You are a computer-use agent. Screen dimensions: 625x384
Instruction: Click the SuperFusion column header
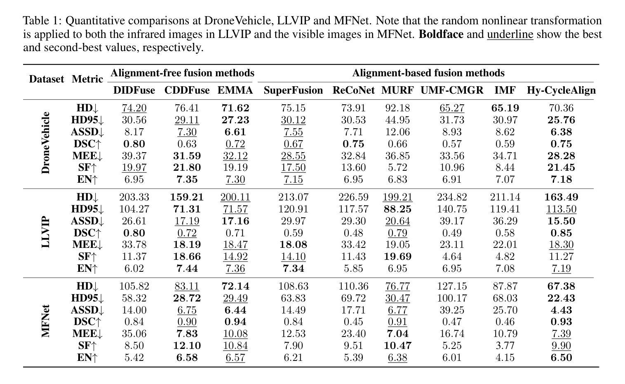[293, 90]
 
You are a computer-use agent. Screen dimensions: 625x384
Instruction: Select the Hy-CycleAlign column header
[561, 90]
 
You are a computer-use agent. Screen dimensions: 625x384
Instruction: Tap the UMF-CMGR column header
[452, 90]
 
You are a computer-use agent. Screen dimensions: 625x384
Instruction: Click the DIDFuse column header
[134, 90]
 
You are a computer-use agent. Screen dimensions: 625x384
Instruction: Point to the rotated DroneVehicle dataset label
[45, 143]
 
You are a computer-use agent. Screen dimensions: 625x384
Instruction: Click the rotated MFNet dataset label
[45, 321]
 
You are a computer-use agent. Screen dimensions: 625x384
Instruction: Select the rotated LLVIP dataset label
[45, 232]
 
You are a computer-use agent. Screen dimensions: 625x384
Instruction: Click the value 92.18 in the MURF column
[397, 108]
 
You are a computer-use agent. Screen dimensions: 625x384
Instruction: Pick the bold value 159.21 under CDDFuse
[187, 197]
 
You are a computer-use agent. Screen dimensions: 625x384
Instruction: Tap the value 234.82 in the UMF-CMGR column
[452, 197]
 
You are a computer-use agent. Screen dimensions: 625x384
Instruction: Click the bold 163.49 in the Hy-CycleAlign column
[561, 197]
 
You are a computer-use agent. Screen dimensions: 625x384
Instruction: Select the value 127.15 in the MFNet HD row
[452, 286]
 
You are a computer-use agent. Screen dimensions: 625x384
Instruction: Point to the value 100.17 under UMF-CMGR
[452, 298]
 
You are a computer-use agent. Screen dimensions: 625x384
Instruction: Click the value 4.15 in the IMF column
[505, 358]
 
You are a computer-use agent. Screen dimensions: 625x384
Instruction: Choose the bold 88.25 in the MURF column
[397, 209]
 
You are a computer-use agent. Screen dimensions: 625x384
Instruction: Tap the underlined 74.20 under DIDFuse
[134, 108]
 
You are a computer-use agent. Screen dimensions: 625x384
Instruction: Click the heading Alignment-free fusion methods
[183, 73]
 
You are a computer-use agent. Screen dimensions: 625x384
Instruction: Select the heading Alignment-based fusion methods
[428, 73]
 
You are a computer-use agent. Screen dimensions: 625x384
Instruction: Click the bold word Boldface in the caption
[441, 34]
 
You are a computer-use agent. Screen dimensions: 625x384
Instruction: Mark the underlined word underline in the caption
[510, 34]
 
